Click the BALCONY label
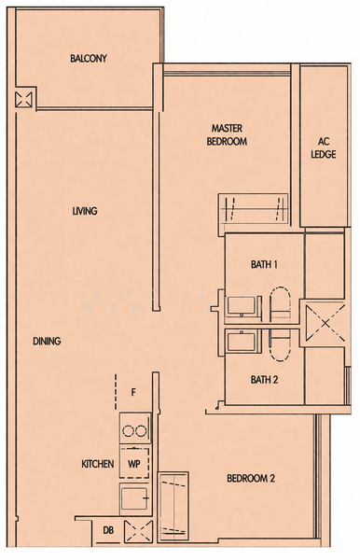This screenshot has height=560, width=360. coord(89,59)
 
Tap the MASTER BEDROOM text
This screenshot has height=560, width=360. coord(228,134)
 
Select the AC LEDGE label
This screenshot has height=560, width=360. coord(324,148)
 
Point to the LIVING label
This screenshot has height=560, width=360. coord(85,211)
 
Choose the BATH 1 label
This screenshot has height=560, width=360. coord(264,265)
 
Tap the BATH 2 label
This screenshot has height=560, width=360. coord(264,380)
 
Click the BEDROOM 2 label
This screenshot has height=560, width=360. coord(251,479)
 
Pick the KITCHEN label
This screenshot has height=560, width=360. coord(97,464)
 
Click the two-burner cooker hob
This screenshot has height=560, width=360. coord(135,430)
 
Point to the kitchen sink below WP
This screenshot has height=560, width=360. coord(134,498)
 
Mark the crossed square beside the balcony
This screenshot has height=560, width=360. coord(24,98)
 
